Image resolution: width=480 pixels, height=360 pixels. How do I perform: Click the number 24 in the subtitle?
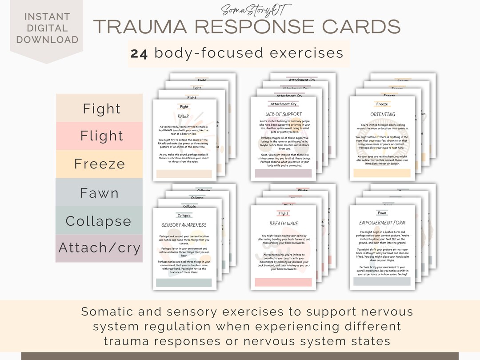pos(140,53)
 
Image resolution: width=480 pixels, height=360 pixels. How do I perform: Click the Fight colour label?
pos(102,108)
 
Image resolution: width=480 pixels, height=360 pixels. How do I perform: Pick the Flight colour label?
pos(102,136)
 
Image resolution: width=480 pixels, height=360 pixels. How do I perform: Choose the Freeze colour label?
pos(100,164)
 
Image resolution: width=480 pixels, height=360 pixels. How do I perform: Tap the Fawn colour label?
pos(100,193)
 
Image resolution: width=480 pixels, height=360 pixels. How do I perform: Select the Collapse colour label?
pos(99,221)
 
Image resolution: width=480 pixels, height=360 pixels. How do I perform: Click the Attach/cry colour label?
pos(99,248)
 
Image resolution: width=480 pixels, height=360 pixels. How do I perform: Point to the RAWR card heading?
pos(184,116)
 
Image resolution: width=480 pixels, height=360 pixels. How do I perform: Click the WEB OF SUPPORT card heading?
pos(283,114)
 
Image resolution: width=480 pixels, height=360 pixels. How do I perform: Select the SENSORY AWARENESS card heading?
pos(184,225)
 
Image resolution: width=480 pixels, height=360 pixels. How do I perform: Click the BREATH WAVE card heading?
pos(284,224)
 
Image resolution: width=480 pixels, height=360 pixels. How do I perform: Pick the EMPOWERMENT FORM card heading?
pos(382,223)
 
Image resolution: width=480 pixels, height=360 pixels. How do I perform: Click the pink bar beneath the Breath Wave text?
pos(283,282)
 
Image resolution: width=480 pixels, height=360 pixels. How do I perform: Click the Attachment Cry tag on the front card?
pos(284,104)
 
